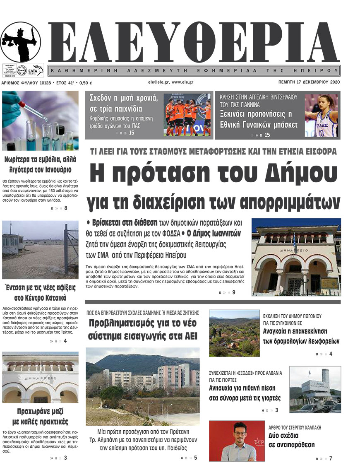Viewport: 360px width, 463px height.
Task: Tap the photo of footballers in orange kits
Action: pyautogui.click(x=187, y=115)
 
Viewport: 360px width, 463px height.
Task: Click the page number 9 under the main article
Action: pyautogui.click(x=234, y=292)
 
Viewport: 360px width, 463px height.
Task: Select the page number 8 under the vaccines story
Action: pyautogui.click(x=65, y=208)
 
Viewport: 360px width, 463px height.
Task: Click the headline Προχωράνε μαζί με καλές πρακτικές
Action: pyautogui.click(x=40, y=417)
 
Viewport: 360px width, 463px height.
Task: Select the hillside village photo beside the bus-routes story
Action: pyautogui.click(x=234, y=333)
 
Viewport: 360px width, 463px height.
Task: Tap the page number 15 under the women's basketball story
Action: pyautogui.click(x=267, y=135)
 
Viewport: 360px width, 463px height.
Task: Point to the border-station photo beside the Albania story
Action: pyautogui.click(x=315, y=390)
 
